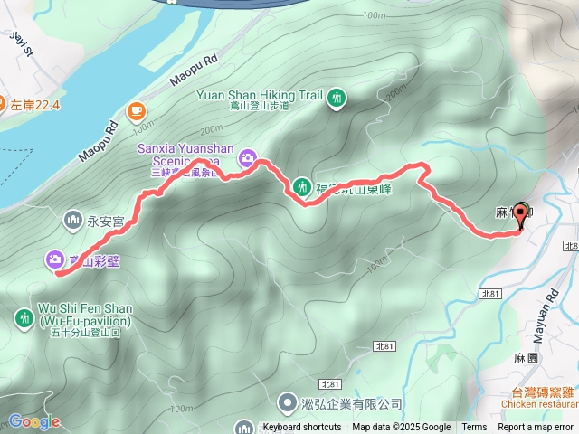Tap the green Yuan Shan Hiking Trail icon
coord(337,97)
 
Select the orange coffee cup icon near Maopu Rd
coord(137,110)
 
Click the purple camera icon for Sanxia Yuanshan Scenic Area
coord(246,160)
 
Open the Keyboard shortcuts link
coord(302,428)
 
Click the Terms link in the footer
coord(474,428)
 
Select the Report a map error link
coord(536,428)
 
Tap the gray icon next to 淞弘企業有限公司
coord(287,401)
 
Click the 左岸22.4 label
coord(34,105)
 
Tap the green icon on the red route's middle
coord(301,187)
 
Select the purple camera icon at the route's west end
coord(56,260)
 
